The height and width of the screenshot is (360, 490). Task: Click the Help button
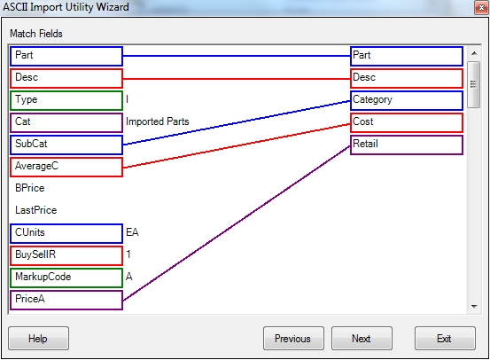click(x=38, y=338)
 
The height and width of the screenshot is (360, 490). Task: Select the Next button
click(x=362, y=338)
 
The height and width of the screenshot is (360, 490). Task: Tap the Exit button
click(x=445, y=338)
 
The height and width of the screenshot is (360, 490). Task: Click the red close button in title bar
click(x=481, y=7)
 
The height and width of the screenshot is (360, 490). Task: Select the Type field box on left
click(x=66, y=100)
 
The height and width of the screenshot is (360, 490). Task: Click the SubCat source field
click(x=66, y=145)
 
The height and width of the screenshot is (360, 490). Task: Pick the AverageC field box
click(x=66, y=167)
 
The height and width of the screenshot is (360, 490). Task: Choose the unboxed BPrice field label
click(x=30, y=188)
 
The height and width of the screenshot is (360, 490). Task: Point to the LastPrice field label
click(x=36, y=210)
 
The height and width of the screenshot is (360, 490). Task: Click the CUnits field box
click(x=66, y=233)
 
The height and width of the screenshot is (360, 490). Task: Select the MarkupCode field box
click(x=66, y=278)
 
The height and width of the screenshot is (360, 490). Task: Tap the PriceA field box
click(x=66, y=300)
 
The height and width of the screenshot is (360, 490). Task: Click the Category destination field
click(x=406, y=100)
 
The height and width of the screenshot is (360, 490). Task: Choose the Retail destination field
click(x=406, y=145)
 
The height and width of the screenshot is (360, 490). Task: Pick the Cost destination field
click(x=406, y=122)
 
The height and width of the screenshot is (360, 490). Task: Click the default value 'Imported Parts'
click(x=158, y=121)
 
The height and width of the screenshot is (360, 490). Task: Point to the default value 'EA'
click(x=132, y=232)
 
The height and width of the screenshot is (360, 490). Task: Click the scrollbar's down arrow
click(x=474, y=307)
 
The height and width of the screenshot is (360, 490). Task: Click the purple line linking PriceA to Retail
click(x=237, y=223)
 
